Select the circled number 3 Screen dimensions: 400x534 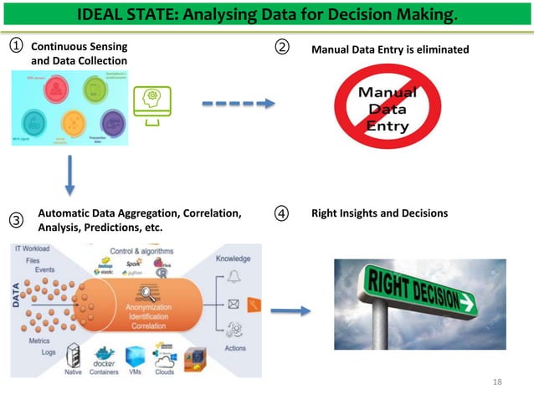[16, 221]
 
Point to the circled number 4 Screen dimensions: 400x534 [282, 214]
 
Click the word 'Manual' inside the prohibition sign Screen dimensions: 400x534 [383, 94]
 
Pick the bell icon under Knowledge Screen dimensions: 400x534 [232, 277]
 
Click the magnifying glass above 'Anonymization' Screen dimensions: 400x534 [146, 292]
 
